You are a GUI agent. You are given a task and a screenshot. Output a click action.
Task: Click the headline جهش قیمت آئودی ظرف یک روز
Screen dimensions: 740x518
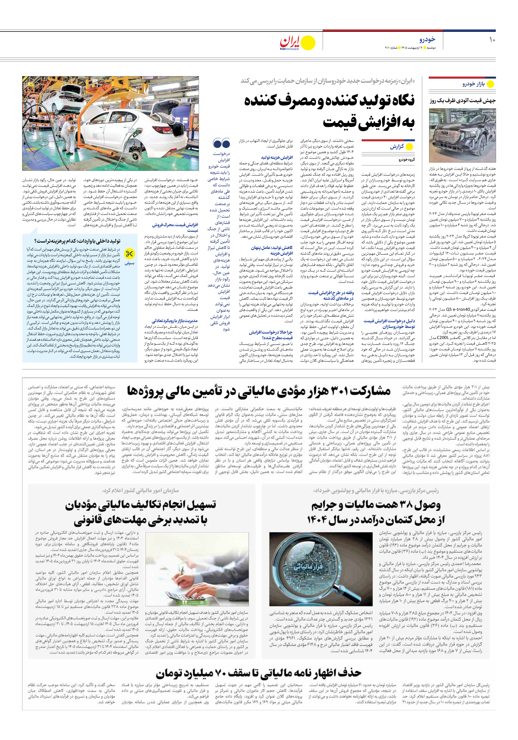coord(462,101)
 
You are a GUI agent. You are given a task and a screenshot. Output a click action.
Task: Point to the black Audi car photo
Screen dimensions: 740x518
coord(462,135)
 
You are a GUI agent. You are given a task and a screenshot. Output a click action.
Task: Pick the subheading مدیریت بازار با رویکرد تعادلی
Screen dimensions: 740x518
coord(175,321)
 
